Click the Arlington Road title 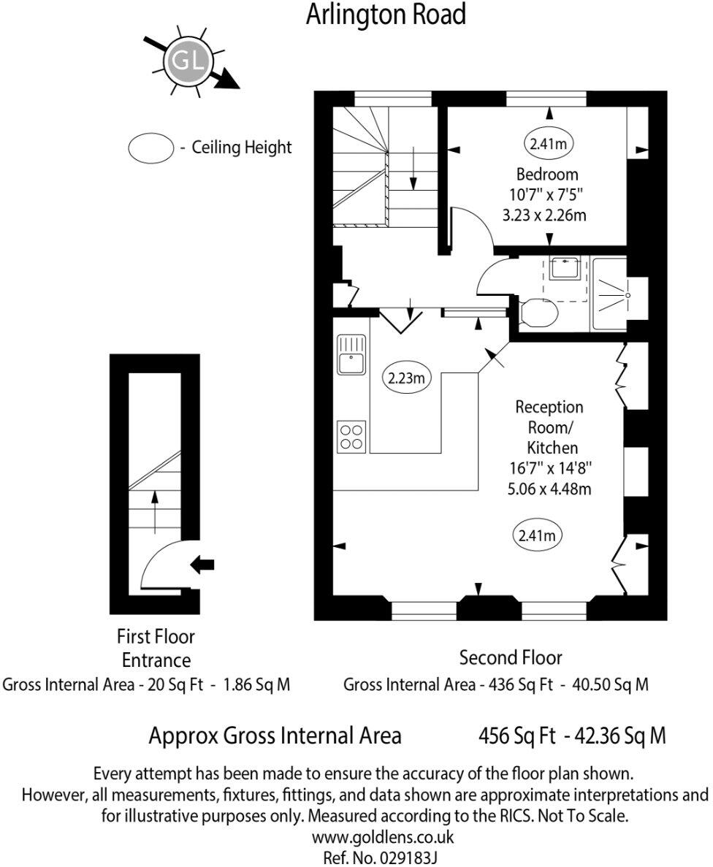[386, 14]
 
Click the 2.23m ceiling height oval [407, 378]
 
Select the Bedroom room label [547, 175]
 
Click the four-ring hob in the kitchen [351, 436]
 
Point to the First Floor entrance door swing [164, 566]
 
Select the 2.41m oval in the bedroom [549, 144]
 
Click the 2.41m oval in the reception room [537, 536]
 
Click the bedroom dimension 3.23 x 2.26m [547, 215]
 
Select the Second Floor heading [511, 657]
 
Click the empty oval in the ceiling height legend [150, 148]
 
